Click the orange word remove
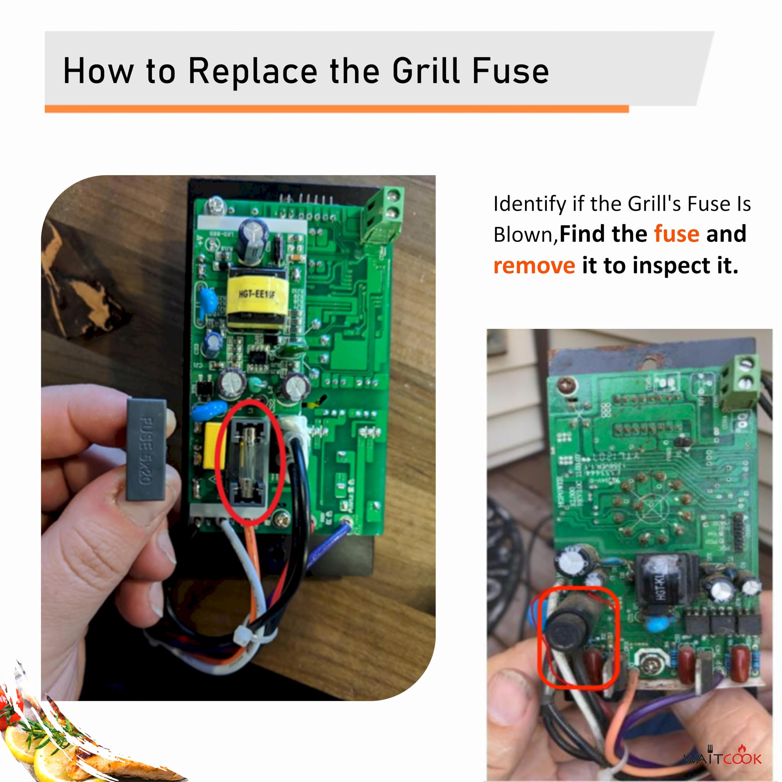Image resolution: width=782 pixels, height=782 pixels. pos(534,266)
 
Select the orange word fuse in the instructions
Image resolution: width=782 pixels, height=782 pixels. pos(676,234)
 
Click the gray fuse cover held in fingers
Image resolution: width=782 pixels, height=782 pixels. pos(147,450)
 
